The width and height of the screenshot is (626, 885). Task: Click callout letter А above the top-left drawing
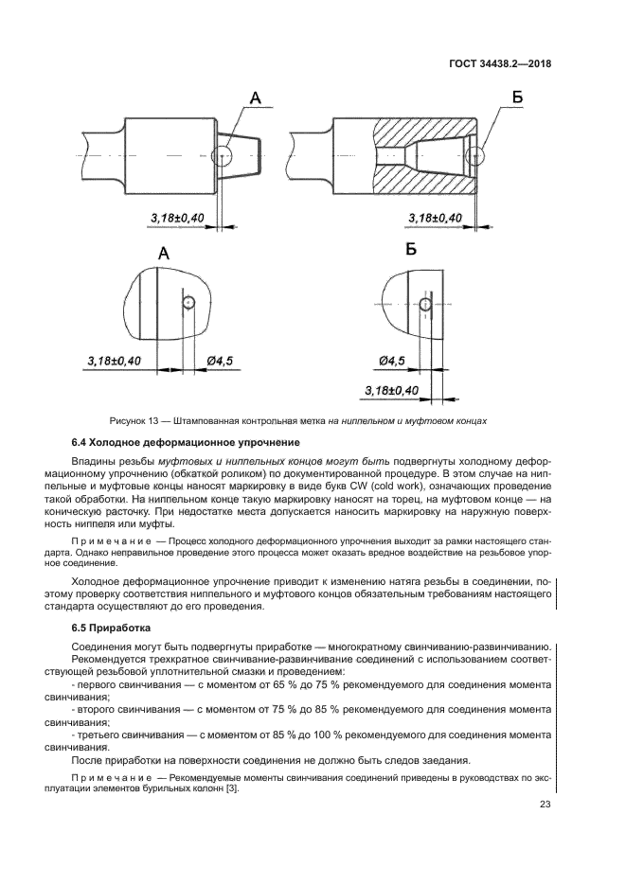(x=254, y=97)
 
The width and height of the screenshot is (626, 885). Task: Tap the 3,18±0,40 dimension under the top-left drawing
(x=177, y=219)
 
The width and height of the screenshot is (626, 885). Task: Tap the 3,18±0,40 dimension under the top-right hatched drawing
(x=435, y=219)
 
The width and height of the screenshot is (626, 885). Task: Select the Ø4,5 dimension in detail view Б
(x=390, y=361)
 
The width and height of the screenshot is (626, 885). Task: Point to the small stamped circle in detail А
(x=189, y=302)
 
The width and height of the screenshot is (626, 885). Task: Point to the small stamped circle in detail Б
(x=425, y=303)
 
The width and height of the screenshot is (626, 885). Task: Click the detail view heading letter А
(x=163, y=253)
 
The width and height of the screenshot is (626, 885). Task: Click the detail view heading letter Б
(x=410, y=250)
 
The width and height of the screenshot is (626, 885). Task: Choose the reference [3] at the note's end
(x=233, y=788)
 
